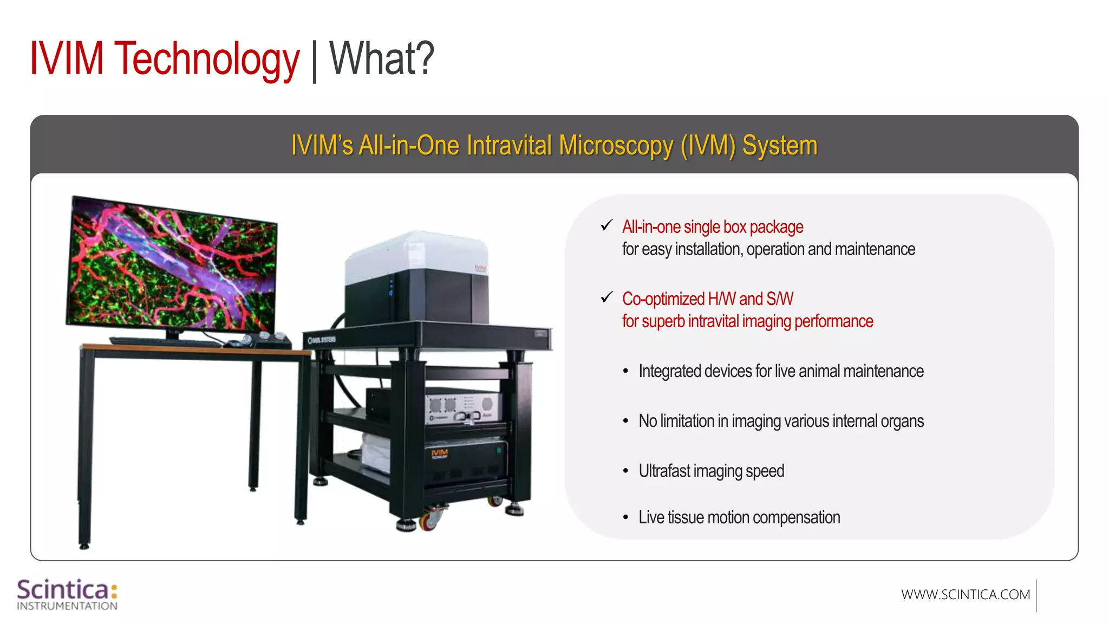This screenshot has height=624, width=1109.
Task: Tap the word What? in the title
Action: [x=382, y=58]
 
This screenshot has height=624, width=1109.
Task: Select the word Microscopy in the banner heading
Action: [x=616, y=146]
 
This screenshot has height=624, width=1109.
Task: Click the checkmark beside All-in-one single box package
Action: [x=606, y=225]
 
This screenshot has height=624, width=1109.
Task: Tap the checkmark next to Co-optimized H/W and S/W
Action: [x=606, y=297]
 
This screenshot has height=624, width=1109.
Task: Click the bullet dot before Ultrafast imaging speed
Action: [x=625, y=471]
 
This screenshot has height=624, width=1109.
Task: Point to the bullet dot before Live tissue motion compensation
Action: [x=625, y=518]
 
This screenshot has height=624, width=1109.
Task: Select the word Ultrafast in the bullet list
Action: [x=664, y=471]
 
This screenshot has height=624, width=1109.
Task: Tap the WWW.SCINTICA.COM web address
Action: [x=966, y=595]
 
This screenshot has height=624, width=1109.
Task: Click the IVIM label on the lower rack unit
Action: [x=439, y=453]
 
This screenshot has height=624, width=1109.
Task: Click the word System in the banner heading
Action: [x=779, y=146]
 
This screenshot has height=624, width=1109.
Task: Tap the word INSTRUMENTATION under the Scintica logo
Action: [x=67, y=606]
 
